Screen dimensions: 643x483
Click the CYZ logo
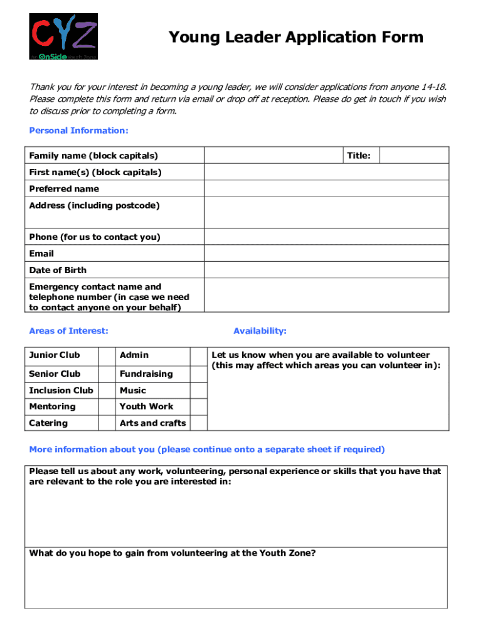pyautogui.click(x=63, y=36)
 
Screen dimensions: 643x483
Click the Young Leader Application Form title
pyautogui.click(x=295, y=38)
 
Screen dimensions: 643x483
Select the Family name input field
pyautogui.click(x=273, y=155)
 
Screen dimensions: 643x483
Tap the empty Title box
pyautogui.click(x=414, y=155)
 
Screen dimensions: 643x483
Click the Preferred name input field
pyautogui.click(x=326, y=188)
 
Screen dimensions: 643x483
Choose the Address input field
pyautogui.click(x=326, y=213)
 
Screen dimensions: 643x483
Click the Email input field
pyautogui.click(x=326, y=254)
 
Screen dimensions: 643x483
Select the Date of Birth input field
pyautogui.click(x=326, y=270)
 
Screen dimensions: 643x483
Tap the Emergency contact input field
pyautogui.click(x=326, y=295)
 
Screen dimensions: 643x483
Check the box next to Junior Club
pyautogui.click(x=107, y=355)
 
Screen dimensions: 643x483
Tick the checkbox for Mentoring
pyautogui.click(x=107, y=407)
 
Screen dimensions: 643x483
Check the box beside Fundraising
pyautogui.click(x=198, y=374)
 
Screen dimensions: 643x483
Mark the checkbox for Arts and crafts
pyautogui.click(x=198, y=423)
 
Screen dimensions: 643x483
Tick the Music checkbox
pyautogui.click(x=198, y=391)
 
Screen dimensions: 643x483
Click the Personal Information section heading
pyautogui.click(x=78, y=131)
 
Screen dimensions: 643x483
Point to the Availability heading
pyautogui.click(x=260, y=331)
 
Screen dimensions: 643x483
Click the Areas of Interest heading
pyautogui.click(x=68, y=331)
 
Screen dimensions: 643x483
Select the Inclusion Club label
pyautogui.click(x=61, y=391)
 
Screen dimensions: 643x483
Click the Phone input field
pyautogui.click(x=326, y=237)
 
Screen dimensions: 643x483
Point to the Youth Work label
pyautogui.click(x=146, y=407)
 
